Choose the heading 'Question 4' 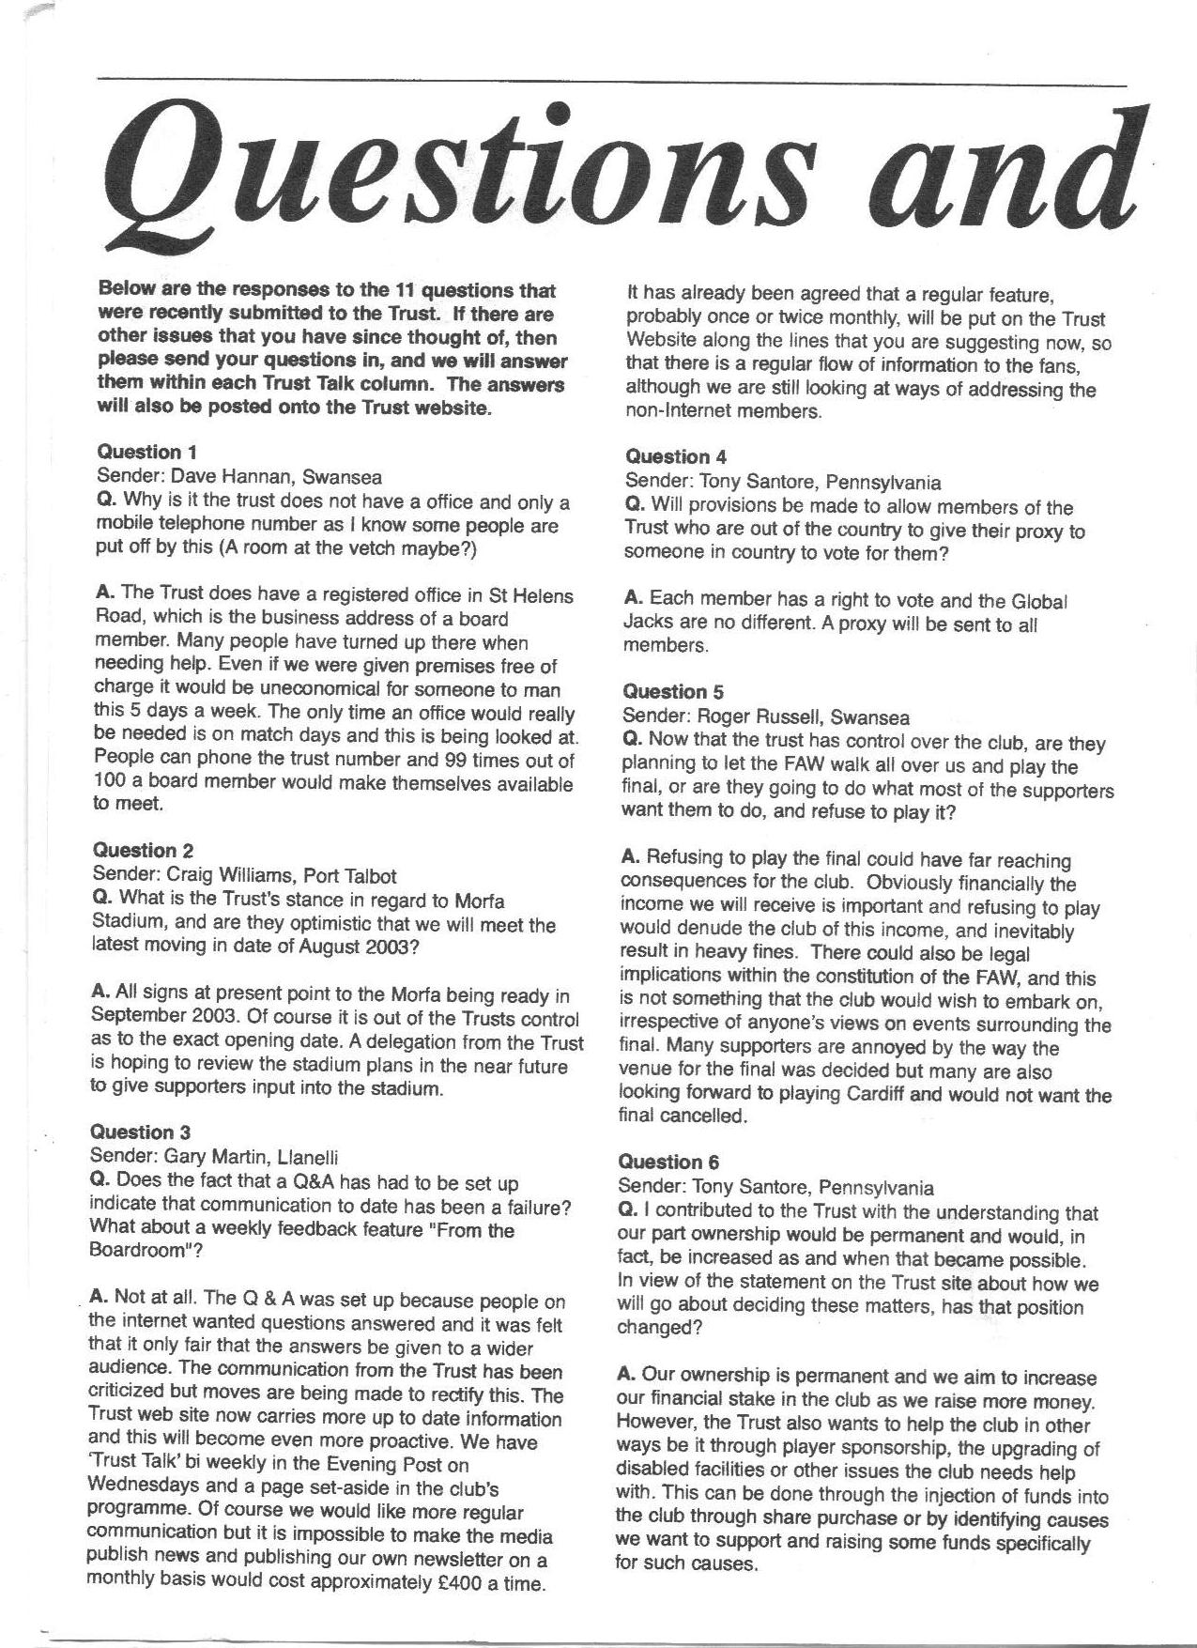[676, 457]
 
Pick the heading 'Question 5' [673, 692]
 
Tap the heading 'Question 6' [669, 1162]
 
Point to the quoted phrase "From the [469, 1229]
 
